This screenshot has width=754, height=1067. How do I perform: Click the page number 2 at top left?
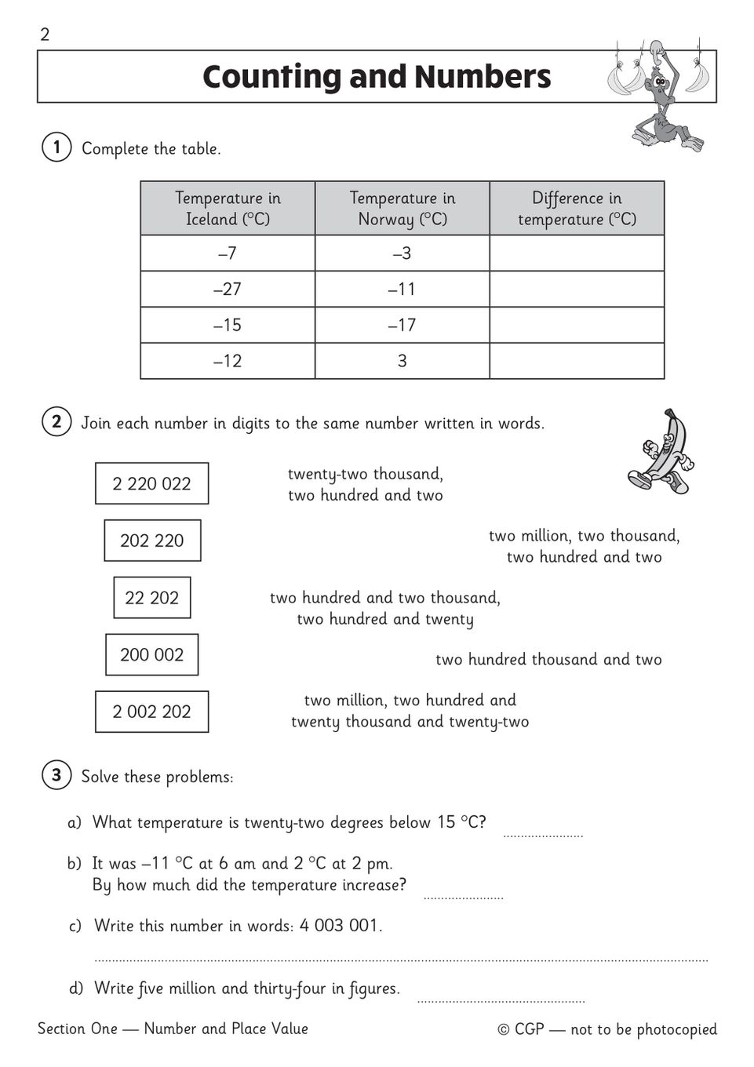click(45, 35)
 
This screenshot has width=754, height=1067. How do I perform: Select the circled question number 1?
click(56, 147)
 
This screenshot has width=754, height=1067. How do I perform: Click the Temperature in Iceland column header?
click(228, 209)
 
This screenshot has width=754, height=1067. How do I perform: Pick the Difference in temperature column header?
click(577, 209)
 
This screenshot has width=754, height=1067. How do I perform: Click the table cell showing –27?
click(228, 290)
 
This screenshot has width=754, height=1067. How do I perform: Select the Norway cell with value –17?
click(402, 326)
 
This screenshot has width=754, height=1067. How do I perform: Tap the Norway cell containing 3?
click(402, 362)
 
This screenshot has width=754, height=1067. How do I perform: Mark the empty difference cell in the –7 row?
click(577, 253)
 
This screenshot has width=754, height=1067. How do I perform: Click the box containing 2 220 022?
click(151, 483)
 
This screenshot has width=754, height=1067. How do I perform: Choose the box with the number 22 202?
click(151, 598)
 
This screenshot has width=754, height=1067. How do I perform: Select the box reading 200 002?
click(151, 655)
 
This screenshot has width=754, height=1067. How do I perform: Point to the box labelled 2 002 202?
click(151, 712)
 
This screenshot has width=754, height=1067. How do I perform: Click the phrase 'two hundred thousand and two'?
click(548, 660)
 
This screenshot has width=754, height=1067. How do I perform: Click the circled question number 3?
click(56, 776)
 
